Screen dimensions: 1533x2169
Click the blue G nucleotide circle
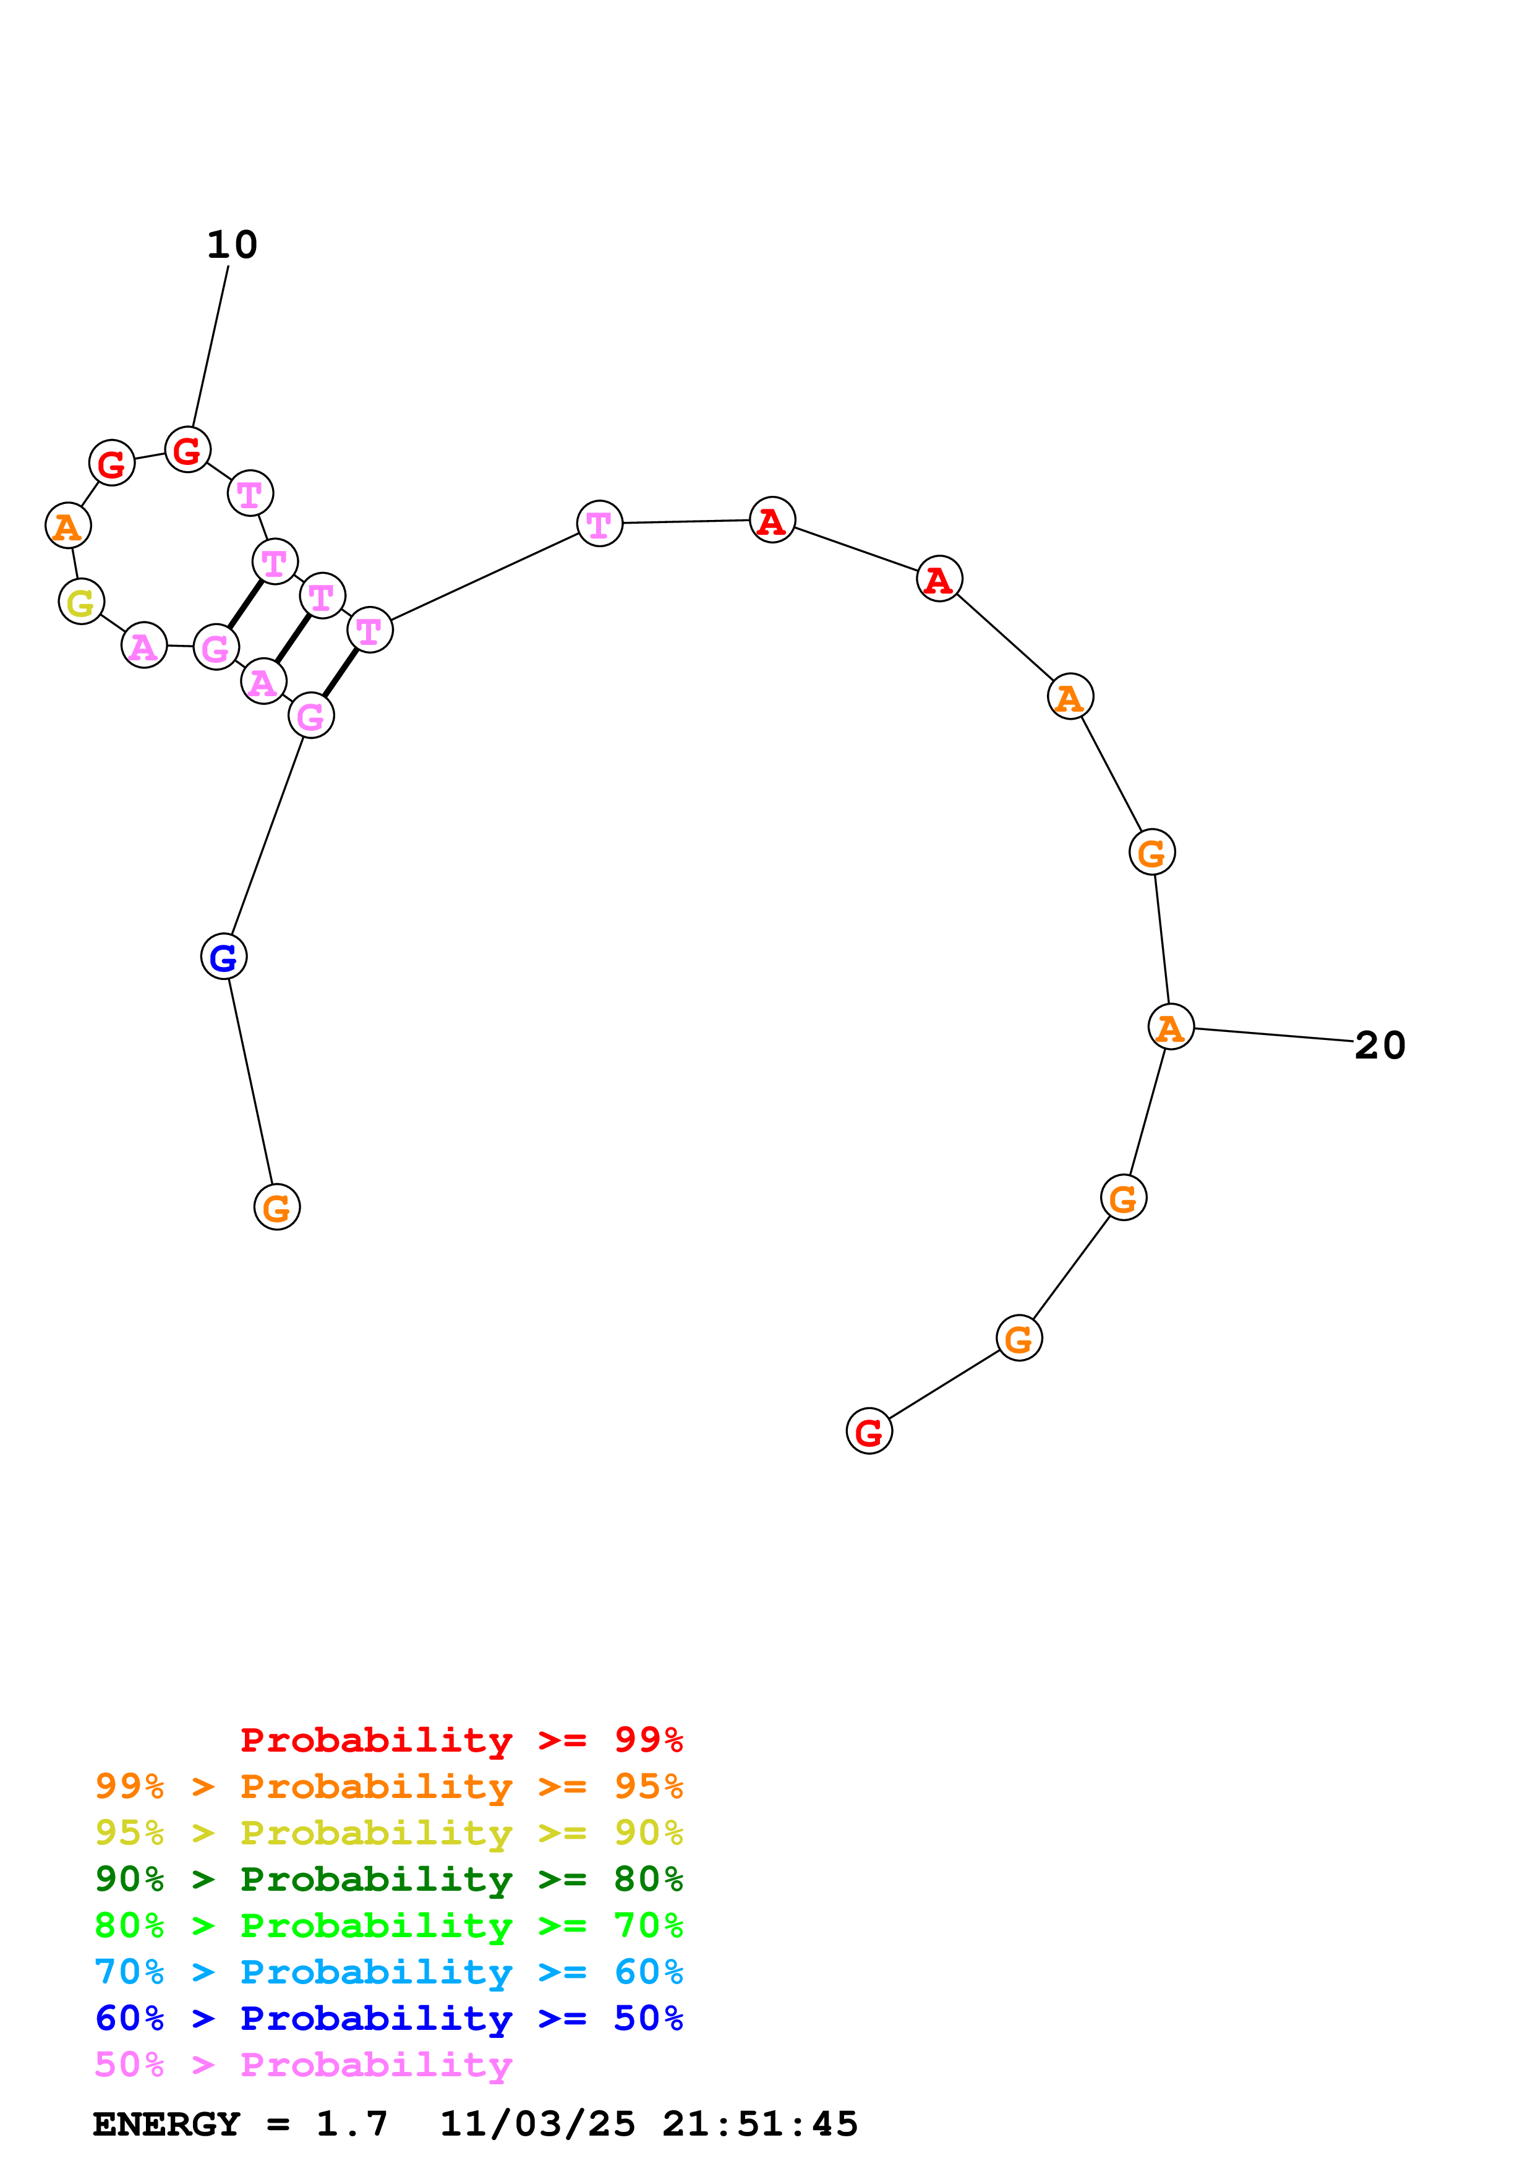pyautogui.click(x=224, y=957)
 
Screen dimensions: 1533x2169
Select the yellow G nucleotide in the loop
pyautogui.click(x=81, y=602)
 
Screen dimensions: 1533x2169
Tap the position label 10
pyautogui.click(x=231, y=245)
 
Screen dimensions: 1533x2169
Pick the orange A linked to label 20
pyautogui.click(x=1170, y=1027)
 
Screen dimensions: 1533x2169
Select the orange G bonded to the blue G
pyautogui.click(x=277, y=1208)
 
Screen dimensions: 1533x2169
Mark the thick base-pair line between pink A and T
pyautogui.click(x=293, y=637)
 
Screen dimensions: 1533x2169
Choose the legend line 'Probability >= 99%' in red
pyautogui.click(x=461, y=1740)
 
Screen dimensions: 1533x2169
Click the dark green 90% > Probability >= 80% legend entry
pyautogui.click(x=388, y=1879)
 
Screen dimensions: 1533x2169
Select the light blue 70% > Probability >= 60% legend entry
pyautogui.click(x=388, y=1972)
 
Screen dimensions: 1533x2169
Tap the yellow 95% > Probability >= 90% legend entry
pyautogui.click(x=388, y=1833)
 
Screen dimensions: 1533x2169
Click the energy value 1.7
pyautogui.click(x=351, y=2124)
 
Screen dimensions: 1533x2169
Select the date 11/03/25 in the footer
pyautogui.click(x=537, y=2124)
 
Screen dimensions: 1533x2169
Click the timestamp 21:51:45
pyautogui.click(x=759, y=2124)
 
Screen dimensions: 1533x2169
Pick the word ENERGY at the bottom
pyautogui.click(x=166, y=2124)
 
